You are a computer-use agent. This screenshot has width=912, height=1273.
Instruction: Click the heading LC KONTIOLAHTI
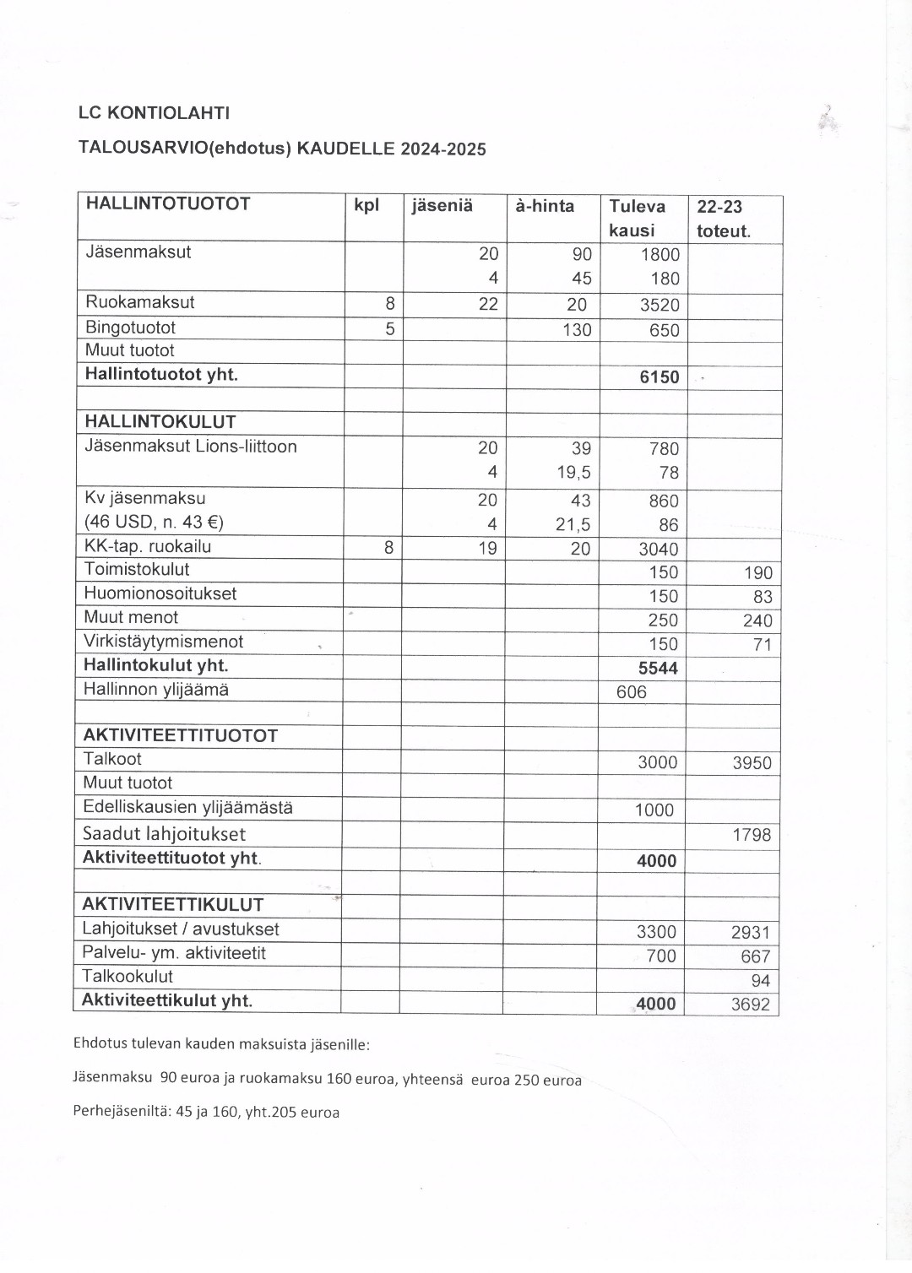coord(154,113)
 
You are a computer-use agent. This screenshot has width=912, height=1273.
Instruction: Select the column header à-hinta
coord(545,206)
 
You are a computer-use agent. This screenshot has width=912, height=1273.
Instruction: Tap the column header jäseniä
coord(442,206)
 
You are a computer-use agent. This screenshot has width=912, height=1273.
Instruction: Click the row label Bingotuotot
coord(130,328)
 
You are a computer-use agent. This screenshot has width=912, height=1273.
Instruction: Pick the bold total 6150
coord(660,377)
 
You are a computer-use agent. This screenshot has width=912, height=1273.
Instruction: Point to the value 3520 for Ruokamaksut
coord(660,306)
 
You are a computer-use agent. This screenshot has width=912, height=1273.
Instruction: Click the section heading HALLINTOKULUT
coord(160,422)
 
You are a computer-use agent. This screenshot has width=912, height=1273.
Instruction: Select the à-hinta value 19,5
coord(573,473)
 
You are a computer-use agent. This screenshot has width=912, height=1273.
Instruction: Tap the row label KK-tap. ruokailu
coord(148,546)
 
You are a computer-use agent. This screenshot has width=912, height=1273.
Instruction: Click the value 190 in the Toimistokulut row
coord(757,573)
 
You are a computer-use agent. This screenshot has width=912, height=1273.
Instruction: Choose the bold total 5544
coord(658,669)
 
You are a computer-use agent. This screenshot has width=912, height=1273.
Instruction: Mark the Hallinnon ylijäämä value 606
coord(632,692)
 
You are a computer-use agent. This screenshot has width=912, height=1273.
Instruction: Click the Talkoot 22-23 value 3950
coord(752,763)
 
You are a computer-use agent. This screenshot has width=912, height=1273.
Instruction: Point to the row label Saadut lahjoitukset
coord(164,834)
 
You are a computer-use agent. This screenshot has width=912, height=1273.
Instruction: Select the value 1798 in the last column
coord(752,835)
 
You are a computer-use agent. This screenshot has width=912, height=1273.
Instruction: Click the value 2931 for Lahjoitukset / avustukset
coord(750,933)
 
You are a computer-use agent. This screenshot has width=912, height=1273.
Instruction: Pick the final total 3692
coord(750,1005)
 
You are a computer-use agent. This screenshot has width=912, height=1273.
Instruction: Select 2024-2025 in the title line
coord(443,149)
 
